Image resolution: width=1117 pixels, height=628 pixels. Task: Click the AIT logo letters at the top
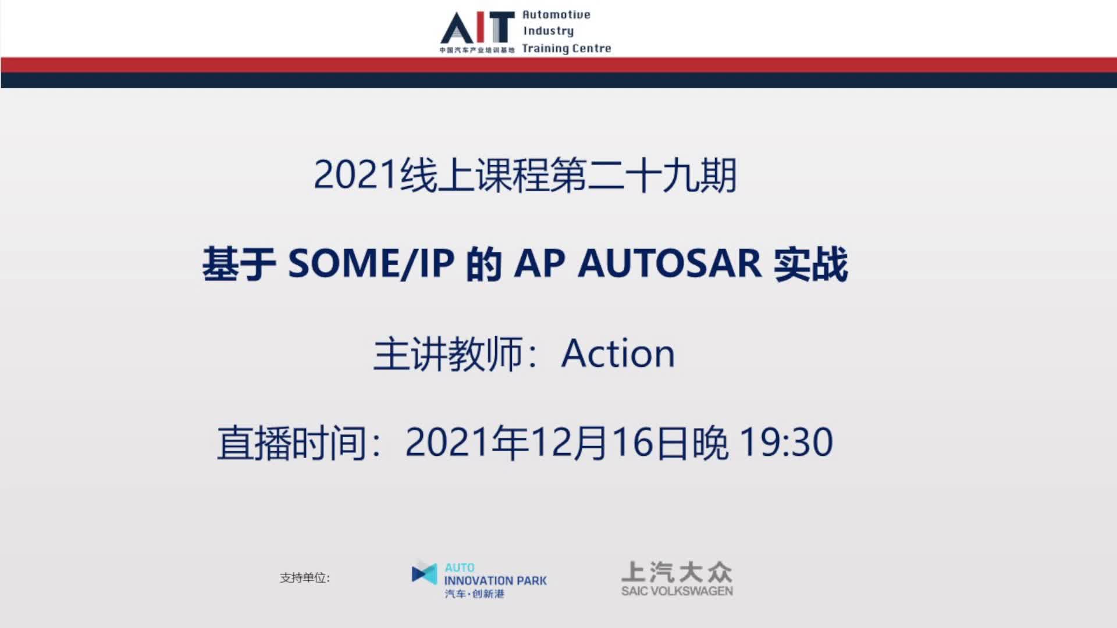[x=478, y=27]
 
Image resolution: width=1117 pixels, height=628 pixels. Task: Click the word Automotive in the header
[x=556, y=15]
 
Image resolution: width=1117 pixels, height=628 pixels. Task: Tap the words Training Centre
[x=567, y=48]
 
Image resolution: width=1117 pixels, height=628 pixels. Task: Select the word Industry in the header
[x=548, y=31]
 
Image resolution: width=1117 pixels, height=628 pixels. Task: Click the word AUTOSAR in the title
[x=670, y=264]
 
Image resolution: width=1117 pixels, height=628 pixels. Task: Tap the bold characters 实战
[x=810, y=264]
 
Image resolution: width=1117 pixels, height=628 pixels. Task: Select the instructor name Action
[x=618, y=353]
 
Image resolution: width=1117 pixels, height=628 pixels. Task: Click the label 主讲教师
[x=447, y=354]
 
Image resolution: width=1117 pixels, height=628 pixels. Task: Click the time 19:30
[x=786, y=443]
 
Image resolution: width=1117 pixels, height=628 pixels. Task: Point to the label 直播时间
[x=291, y=443]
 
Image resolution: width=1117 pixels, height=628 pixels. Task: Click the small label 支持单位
[x=303, y=577]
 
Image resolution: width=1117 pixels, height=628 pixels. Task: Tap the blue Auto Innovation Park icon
[x=424, y=573]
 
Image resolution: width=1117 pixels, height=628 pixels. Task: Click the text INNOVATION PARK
[x=496, y=580]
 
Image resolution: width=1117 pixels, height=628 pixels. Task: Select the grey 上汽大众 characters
[x=677, y=572]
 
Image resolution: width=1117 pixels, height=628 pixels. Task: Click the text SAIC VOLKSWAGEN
[x=677, y=591]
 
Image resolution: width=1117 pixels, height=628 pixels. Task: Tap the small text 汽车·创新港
[x=475, y=594]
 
